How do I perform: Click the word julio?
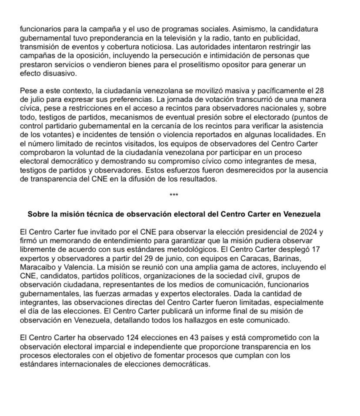pos(38,100)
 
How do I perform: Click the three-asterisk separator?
pos(174,195)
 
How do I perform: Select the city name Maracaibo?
pos(38,267)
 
